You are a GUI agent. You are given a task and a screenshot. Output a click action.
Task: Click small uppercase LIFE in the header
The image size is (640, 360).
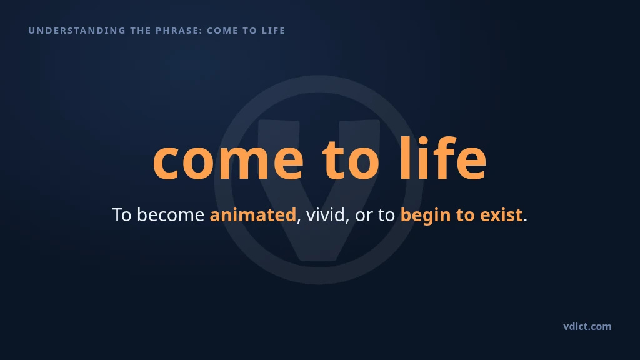click(x=274, y=31)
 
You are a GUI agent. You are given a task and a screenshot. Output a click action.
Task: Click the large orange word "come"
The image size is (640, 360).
click(x=229, y=159)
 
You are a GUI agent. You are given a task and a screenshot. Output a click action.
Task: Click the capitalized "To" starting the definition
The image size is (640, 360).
click(x=122, y=215)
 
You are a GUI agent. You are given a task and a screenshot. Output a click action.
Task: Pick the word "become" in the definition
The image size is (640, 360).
click(x=171, y=215)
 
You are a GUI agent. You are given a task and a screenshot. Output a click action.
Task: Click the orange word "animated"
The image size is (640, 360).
click(x=253, y=215)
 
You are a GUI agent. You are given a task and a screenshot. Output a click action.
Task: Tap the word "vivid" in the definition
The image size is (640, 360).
click(x=325, y=215)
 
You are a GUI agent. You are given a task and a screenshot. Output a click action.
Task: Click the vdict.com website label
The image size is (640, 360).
click(x=587, y=326)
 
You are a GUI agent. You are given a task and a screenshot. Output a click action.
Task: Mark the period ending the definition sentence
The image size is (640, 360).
click(x=525, y=221)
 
